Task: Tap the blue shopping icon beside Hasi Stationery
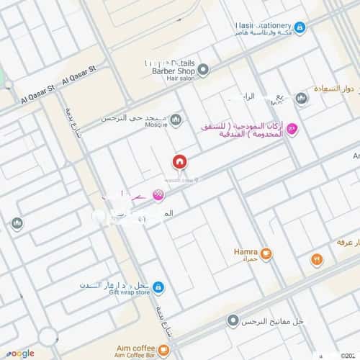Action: pos(300,28)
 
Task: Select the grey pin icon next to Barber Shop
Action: pos(204,71)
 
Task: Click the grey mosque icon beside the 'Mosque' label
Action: pos(176,119)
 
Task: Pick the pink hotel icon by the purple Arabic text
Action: pos(292,129)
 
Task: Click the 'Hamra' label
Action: pos(246,252)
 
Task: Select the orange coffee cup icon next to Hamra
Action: pos(266,253)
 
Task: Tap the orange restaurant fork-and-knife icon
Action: pos(316,259)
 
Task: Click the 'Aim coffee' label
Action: pos(134,347)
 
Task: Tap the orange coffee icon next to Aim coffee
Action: pos(164,351)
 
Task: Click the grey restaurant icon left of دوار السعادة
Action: pos(302,98)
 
